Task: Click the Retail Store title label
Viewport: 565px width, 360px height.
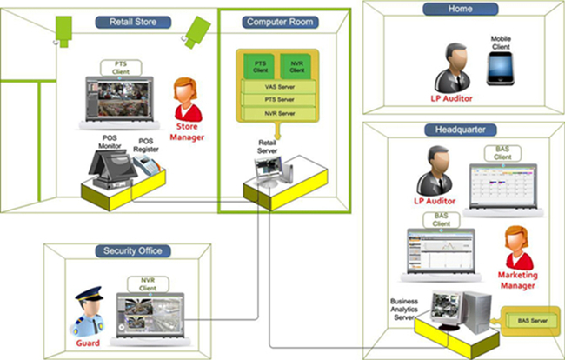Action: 134,20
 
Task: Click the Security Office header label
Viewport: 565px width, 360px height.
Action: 134,252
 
